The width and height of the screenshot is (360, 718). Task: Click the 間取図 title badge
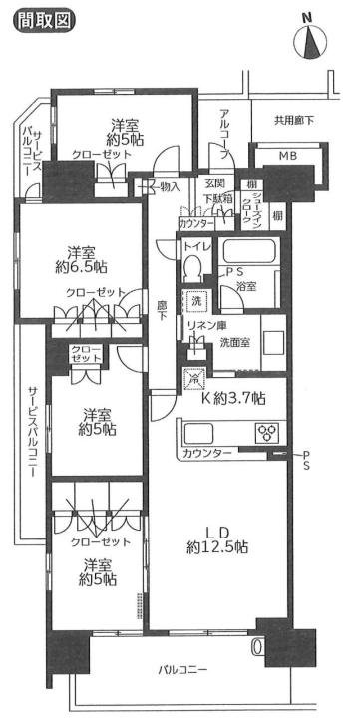pos(45,20)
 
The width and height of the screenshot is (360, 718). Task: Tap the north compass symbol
pos(310,39)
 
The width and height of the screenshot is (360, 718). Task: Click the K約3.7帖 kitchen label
pos(233,398)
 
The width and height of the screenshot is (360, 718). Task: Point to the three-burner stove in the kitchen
pos(266,432)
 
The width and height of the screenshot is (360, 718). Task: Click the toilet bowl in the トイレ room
pos(192,267)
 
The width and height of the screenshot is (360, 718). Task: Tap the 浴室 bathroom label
pos(246,287)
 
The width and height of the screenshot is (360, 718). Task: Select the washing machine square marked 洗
pos(196,302)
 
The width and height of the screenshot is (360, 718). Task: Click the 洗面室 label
pos(235,342)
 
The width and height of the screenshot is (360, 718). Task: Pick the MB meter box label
pos(288,156)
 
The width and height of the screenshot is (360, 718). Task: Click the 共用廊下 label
pos(294,121)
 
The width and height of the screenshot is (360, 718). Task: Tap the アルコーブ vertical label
pos(224,134)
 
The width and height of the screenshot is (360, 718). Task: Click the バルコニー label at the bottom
pos(182,670)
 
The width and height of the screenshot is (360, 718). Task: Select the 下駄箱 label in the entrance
pos(219,199)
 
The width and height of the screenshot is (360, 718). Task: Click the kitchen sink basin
pos(197,432)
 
